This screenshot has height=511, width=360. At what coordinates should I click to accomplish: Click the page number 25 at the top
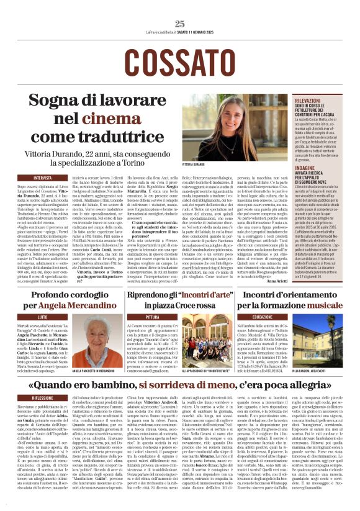point(180,24)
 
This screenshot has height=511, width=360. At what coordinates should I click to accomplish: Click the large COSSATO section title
point(180,61)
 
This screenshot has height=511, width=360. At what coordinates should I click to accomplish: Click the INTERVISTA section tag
point(43,178)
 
